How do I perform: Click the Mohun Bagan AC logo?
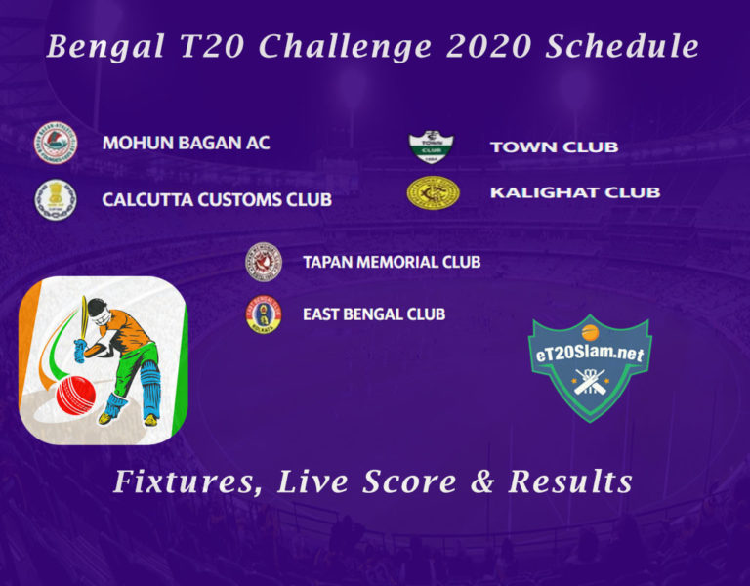click(x=56, y=143)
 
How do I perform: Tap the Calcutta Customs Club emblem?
click(x=56, y=199)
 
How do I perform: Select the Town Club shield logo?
click(x=431, y=146)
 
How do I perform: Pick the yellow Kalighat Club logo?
click(x=433, y=192)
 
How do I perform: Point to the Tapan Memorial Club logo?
click(x=264, y=262)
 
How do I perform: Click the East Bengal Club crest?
click(x=264, y=314)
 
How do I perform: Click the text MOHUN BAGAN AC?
click(x=187, y=143)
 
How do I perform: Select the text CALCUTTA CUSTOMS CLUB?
click(x=217, y=199)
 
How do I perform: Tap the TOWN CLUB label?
click(x=555, y=146)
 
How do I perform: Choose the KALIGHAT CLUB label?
click(x=575, y=192)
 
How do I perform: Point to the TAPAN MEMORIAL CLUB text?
click(x=392, y=262)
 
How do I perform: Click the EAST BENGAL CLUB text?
click(x=374, y=314)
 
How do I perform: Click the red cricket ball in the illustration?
click(x=75, y=396)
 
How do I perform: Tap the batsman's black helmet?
click(x=97, y=310)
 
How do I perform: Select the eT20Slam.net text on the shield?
click(x=590, y=354)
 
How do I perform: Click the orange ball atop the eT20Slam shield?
click(x=590, y=332)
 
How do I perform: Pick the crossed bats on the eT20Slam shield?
click(x=590, y=381)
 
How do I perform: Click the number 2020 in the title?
click(x=489, y=47)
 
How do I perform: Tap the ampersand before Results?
click(x=483, y=481)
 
